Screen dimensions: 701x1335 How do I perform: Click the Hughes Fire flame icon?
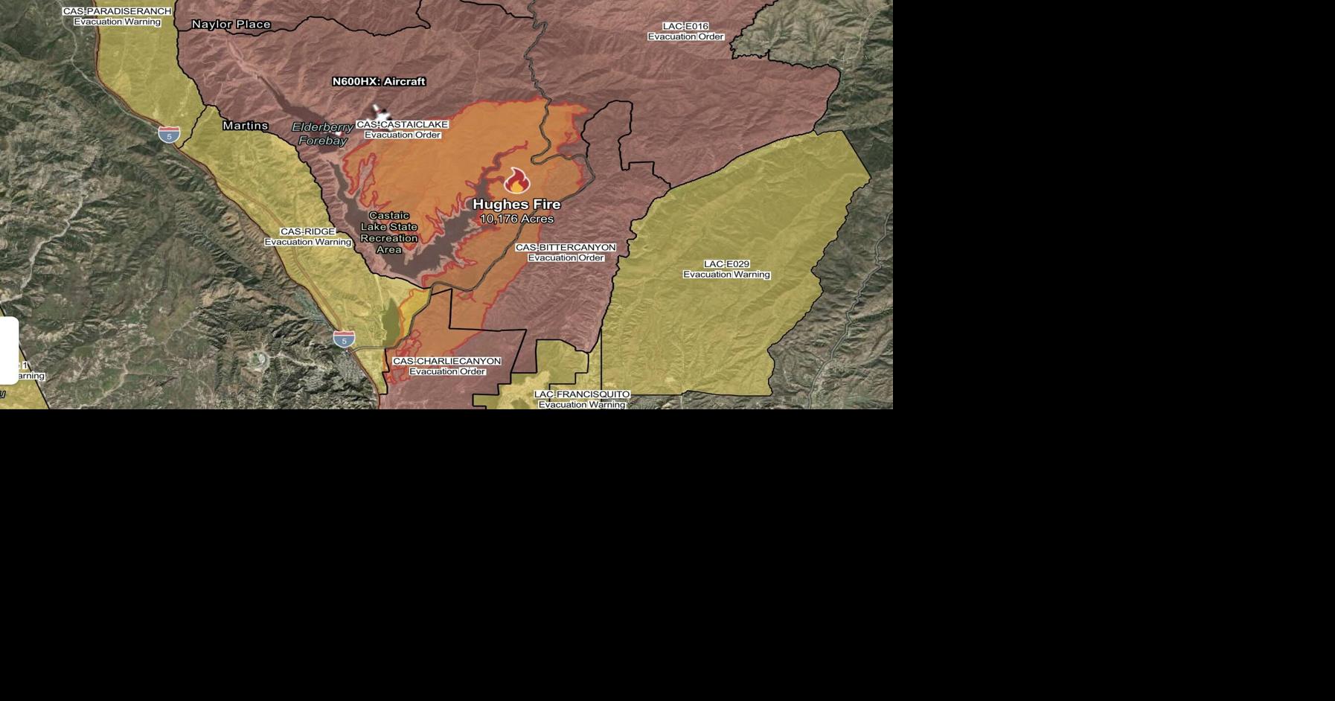tap(516, 181)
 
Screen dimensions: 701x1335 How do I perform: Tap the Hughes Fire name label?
tap(516, 204)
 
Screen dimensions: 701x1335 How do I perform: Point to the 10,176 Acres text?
tap(516, 219)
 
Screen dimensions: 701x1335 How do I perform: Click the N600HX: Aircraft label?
tap(379, 81)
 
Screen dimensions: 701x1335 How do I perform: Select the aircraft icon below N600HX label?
tap(381, 113)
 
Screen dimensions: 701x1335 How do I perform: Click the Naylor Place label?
tap(231, 25)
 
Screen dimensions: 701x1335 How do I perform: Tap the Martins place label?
tap(245, 126)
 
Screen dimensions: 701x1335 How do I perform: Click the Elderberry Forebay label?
tap(322, 134)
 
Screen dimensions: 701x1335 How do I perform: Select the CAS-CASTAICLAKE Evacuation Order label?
tap(402, 129)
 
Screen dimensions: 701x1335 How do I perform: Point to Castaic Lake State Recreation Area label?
tap(388, 232)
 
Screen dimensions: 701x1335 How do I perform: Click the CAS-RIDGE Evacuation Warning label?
tap(307, 237)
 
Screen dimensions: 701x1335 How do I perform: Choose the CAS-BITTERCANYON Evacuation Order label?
tap(566, 252)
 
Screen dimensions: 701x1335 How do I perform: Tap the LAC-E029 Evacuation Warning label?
tap(726, 269)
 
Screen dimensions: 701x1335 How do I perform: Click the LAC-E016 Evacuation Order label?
tap(685, 31)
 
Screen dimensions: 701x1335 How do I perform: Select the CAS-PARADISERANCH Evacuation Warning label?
tap(117, 16)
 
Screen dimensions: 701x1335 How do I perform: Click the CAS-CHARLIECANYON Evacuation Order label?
tap(446, 366)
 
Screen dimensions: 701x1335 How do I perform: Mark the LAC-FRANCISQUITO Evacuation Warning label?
tap(581, 400)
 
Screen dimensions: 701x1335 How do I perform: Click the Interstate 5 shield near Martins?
tap(169, 135)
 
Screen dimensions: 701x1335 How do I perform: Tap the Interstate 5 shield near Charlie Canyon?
tap(344, 339)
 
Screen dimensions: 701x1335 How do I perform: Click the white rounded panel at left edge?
tap(8, 350)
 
